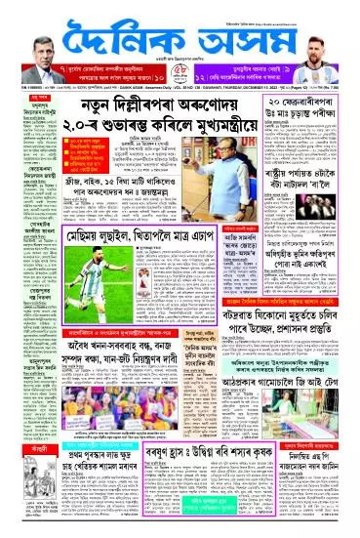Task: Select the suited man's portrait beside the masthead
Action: [34, 48]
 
